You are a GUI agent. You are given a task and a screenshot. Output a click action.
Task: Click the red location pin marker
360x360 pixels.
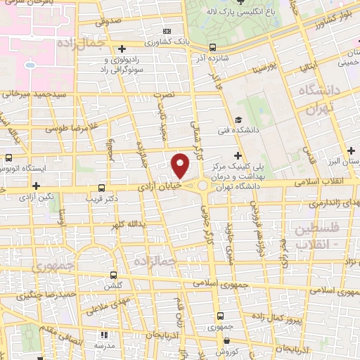pyautogui.click(x=181, y=166)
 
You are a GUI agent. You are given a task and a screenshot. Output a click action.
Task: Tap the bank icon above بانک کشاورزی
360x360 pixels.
pyautogui.click(x=167, y=31)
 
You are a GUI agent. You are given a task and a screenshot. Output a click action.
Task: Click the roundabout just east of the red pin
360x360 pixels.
pyautogui.click(x=205, y=186)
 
